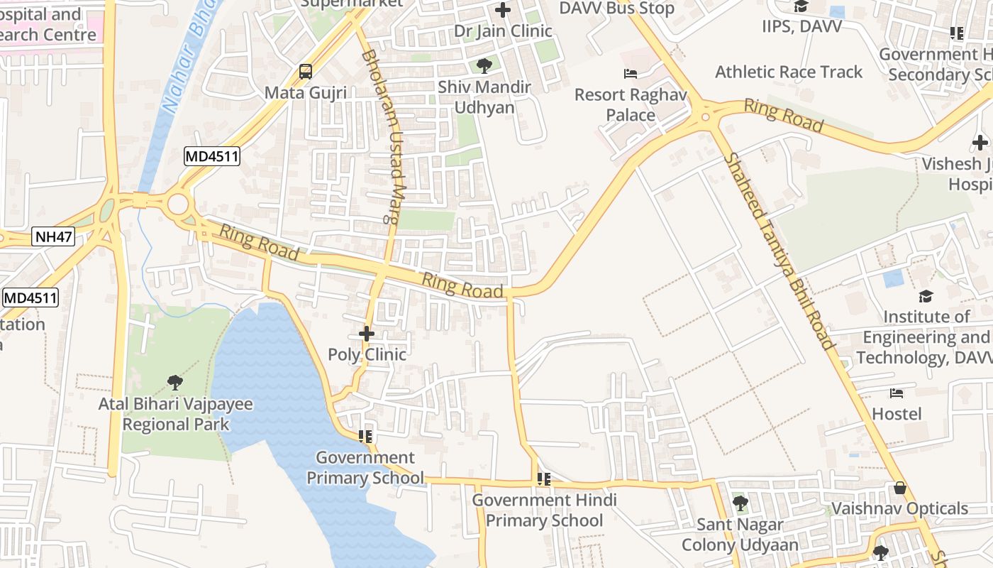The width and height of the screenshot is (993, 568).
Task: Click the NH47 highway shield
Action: point(53,237)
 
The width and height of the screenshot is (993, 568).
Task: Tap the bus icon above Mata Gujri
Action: point(306,72)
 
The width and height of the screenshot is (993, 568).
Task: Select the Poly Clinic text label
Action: point(367,354)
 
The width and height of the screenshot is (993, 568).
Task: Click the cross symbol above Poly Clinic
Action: point(367,333)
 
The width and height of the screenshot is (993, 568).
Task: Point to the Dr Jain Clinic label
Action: point(503,31)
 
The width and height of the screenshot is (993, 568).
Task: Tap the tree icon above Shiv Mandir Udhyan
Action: point(484,66)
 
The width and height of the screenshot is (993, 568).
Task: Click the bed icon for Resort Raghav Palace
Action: point(631,74)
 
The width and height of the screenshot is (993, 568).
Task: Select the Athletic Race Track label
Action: point(789,72)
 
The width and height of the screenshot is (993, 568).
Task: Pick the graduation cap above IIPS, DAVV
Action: point(801,6)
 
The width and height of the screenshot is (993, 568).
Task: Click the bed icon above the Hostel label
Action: point(897,393)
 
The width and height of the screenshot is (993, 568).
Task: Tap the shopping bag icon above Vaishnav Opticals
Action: point(900,488)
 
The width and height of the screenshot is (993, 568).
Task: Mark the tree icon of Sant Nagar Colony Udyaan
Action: point(740,503)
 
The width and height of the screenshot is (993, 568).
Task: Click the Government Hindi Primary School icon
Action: point(544,479)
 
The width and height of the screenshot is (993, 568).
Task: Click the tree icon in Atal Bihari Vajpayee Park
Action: point(175,383)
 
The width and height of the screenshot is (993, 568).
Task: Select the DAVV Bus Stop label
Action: point(617,9)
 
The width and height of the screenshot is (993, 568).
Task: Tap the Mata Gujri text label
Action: point(306,93)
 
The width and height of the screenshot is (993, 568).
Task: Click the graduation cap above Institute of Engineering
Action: point(926,296)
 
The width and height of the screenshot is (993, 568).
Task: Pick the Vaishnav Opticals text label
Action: point(899,508)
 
